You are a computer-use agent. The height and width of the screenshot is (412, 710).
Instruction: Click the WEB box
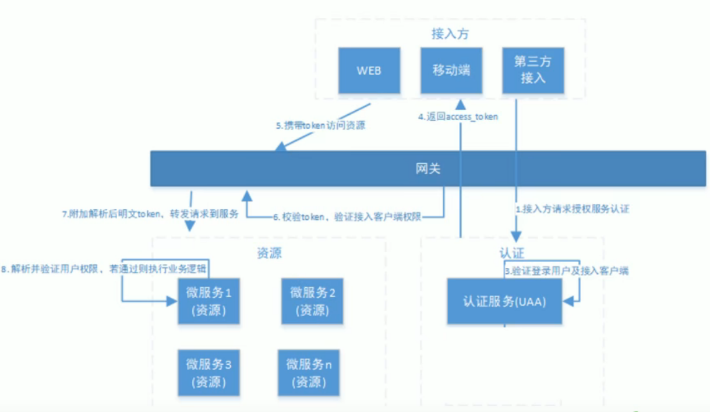(369, 71)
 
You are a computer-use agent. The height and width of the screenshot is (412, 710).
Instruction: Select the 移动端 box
(451, 71)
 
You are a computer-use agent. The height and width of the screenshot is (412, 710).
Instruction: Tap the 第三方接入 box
(533, 71)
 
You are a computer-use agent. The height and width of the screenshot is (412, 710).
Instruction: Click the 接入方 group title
(450, 34)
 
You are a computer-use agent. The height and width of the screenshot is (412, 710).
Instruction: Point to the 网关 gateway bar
(428, 169)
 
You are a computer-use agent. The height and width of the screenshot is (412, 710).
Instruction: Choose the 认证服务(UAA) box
(504, 301)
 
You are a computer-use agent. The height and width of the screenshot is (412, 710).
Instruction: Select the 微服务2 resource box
(313, 301)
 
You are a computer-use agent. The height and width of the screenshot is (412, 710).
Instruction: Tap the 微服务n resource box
(309, 373)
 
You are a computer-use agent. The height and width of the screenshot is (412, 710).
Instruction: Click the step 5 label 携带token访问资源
(321, 125)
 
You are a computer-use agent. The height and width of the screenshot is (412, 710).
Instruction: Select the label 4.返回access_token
(458, 117)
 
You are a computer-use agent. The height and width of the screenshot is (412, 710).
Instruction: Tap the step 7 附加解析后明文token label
(150, 214)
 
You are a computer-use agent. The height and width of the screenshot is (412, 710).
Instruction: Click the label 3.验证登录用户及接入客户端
(566, 271)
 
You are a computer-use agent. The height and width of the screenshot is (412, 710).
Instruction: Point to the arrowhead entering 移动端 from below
(461, 104)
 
